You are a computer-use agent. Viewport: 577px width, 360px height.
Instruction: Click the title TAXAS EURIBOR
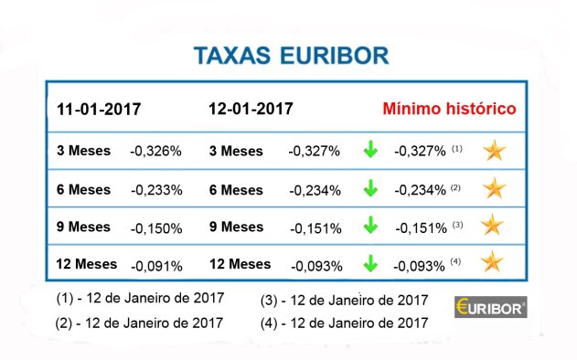click(291, 55)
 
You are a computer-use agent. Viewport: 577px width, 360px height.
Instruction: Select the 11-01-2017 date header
click(99, 109)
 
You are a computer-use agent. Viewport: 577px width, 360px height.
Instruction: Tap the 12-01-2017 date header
click(251, 109)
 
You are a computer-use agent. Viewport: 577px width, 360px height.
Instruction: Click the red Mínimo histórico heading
click(449, 109)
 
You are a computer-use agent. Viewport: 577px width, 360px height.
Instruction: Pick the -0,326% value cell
click(156, 151)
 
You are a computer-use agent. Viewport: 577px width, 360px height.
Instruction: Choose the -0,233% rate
click(156, 190)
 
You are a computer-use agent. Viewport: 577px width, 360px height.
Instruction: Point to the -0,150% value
click(156, 228)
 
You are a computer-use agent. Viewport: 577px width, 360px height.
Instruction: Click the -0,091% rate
click(156, 266)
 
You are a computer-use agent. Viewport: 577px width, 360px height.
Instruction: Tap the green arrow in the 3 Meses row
click(369, 150)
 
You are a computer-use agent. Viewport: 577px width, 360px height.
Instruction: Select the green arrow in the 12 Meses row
click(369, 264)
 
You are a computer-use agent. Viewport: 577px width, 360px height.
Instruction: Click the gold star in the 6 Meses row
click(494, 188)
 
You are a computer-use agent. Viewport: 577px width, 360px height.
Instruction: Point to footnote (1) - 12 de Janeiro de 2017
click(140, 300)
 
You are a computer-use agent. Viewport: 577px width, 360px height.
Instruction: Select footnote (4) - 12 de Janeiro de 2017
click(344, 323)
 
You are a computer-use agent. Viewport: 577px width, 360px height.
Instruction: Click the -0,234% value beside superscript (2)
click(421, 190)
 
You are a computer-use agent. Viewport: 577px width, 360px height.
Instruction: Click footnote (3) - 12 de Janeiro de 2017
click(344, 300)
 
